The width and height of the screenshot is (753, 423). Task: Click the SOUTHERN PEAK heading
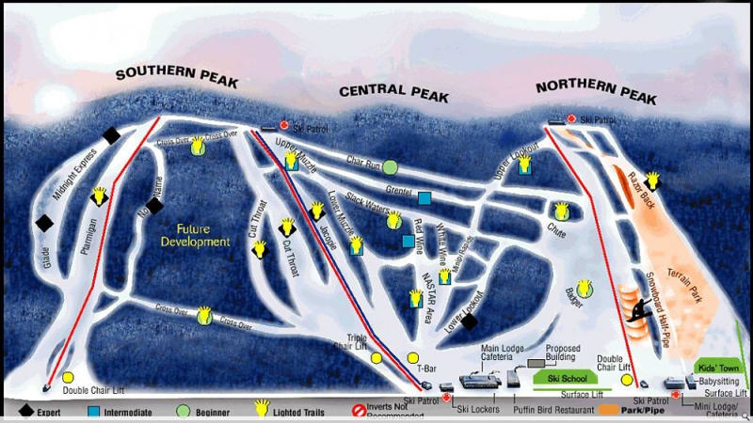click(x=177, y=78)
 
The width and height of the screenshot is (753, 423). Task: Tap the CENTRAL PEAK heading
click(x=394, y=91)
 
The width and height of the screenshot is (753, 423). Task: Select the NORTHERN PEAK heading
click(x=595, y=87)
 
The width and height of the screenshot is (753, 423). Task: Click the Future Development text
click(x=195, y=234)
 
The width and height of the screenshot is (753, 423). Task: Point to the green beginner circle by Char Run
click(x=390, y=167)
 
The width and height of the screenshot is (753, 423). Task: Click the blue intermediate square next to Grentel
click(x=425, y=198)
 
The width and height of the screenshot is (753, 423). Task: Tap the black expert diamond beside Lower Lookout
click(x=469, y=321)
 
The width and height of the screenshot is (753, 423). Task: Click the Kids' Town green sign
click(x=716, y=367)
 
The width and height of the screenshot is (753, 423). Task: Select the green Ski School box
click(x=561, y=377)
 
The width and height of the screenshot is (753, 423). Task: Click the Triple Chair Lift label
click(x=362, y=341)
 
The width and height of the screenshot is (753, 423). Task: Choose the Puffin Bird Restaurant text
click(x=561, y=409)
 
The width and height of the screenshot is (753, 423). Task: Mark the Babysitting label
click(x=718, y=382)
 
